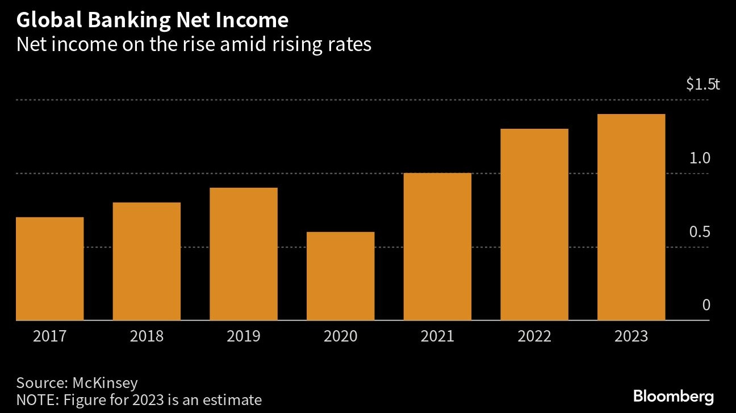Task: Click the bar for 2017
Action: coord(50,269)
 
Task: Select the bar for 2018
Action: coord(147,262)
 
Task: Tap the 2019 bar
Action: coord(244,254)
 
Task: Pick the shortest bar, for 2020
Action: coord(340,276)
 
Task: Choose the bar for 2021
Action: coord(437,247)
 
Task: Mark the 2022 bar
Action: coord(534,225)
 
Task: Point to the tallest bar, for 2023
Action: coord(631,217)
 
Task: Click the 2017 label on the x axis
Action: coord(50,336)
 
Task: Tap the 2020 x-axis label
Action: coord(340,336)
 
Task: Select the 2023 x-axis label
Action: coord(631,336)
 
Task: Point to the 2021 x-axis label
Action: coord(437,336)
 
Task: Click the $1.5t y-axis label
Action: coord(702,85)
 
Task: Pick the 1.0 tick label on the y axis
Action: coord(700,158)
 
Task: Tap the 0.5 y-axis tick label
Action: coord(700,232)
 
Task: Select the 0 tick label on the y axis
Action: coord(706,305)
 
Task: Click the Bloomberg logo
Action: coord(673,396)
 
